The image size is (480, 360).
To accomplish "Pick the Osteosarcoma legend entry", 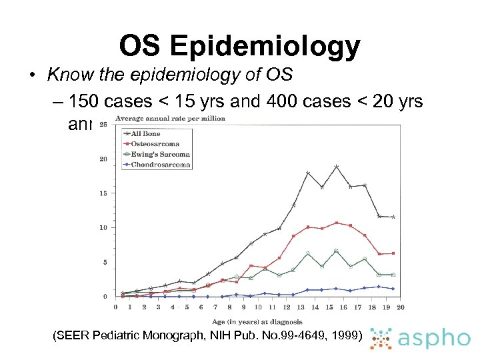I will [x=154, y=143].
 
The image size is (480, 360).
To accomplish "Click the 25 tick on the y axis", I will [x=104, y=125].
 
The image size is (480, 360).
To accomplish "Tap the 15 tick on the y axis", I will [x=103, y=193].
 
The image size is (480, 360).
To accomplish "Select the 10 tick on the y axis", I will [x=103, y=227].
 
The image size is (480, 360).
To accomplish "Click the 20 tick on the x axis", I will [x=401, y=307].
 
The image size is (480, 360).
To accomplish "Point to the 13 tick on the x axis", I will [x=301, y=307].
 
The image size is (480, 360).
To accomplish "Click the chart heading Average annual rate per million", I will [x=170, y=118].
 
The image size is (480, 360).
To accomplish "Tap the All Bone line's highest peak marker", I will [x=337, y=167].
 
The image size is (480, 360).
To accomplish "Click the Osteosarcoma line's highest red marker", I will [x=337, y=223].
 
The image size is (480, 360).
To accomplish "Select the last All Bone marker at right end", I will [x=393, y=217].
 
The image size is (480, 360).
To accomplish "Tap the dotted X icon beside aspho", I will [x=381, y=339].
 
